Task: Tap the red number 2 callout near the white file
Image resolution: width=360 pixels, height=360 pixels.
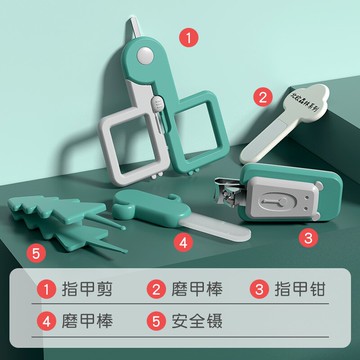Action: [263, 97]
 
